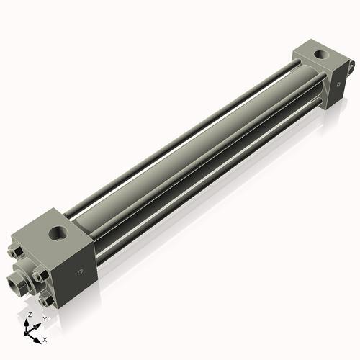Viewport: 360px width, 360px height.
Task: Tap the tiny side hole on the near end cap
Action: click(x=81, y=271)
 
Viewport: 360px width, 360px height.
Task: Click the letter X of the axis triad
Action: click(x=45, y=338)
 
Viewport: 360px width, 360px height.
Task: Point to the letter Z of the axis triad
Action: click(x=29, y=315)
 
